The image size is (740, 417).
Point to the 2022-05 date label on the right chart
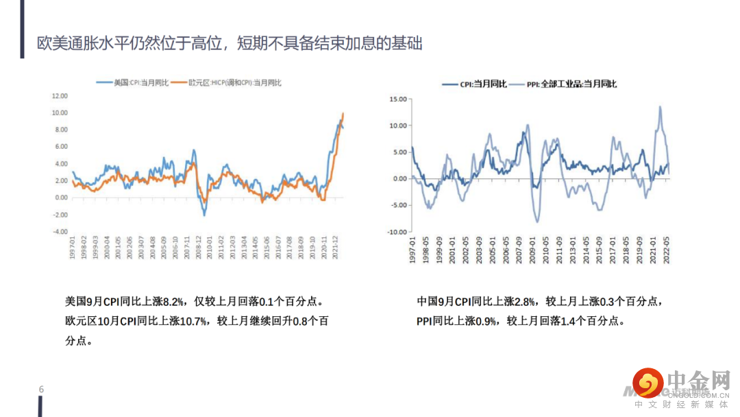click(666, 250)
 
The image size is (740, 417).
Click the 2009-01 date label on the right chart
click(532, 250)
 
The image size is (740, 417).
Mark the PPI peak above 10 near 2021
click(660, 106)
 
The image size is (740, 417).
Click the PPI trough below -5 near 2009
click(537, 222)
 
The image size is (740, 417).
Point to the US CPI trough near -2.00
click(203, 215)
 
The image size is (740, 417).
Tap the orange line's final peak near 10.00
click(343, 113)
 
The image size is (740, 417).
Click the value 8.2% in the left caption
click(174, 301)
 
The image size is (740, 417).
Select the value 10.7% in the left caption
click(194, 320)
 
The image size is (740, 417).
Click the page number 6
click(42, 390)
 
